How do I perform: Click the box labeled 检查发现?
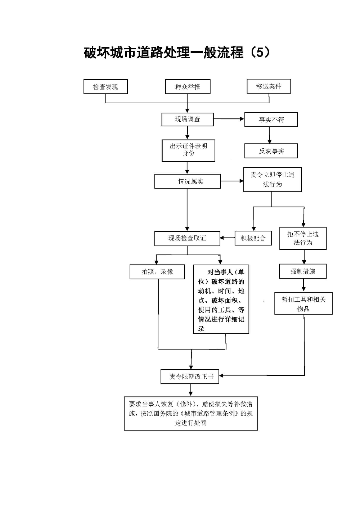(x=105, y=87)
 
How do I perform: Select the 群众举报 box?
(x=188, y=87)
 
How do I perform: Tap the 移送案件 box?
(x=269, y=86)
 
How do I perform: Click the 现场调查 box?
(x=187, y=120)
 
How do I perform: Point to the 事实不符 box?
(x=271, y=120)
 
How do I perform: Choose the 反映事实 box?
(x=271, y=151)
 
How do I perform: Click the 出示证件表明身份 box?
(x=188, y=150)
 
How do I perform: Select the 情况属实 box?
(x=187, y=181)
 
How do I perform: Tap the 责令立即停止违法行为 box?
(x=272, y=179)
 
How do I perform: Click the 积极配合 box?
(x=253, y=238)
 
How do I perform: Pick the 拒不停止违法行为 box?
(x=303, y=238)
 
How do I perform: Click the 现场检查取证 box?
(x=187, y=238)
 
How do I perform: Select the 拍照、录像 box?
(x=157, y=272)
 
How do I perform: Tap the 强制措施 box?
(x=303, y=271)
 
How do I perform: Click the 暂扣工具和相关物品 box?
(x=303, y=303)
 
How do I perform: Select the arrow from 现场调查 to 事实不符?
(x=229, y=119)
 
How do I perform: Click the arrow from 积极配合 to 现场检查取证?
(x=228, y=238)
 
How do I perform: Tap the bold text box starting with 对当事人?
(x=221, y=299)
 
